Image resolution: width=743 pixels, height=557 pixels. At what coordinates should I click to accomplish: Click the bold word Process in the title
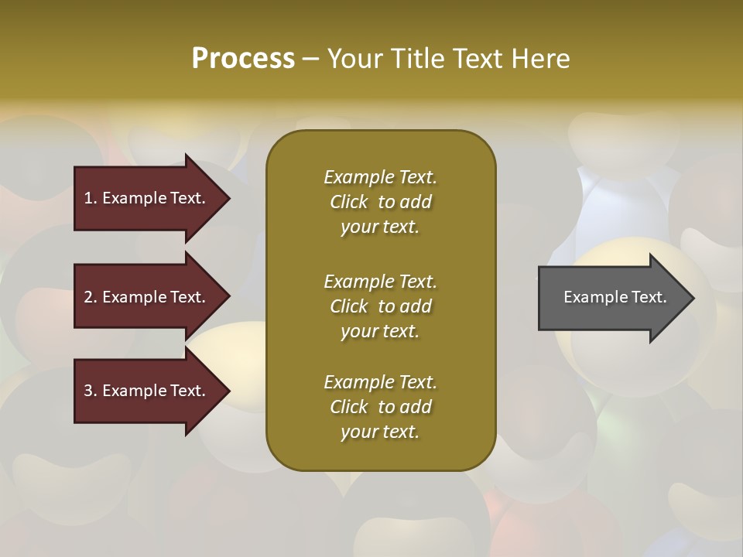tap(243, 59)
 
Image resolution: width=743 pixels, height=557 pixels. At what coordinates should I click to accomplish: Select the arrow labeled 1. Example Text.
tap(147, 198)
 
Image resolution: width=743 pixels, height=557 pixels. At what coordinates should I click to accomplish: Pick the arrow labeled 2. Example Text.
tap(147, 297)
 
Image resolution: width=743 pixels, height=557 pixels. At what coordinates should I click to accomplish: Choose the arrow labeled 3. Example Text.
tap(147, 391)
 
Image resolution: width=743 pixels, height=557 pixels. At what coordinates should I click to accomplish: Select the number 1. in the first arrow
tap(91, 198)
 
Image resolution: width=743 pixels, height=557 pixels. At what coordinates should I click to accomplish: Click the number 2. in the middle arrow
tap(91, 297)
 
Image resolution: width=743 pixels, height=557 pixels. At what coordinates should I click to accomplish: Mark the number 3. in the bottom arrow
tap(91, 391)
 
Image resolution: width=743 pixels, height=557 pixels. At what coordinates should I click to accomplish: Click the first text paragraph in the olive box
tap(380, 202)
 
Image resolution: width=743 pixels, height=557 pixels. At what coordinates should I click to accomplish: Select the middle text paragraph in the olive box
tap(380, 306)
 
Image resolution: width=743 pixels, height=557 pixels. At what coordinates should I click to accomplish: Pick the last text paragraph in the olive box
tap(380, 407)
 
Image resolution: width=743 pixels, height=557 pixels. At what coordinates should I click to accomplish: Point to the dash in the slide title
tap(310, 59)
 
